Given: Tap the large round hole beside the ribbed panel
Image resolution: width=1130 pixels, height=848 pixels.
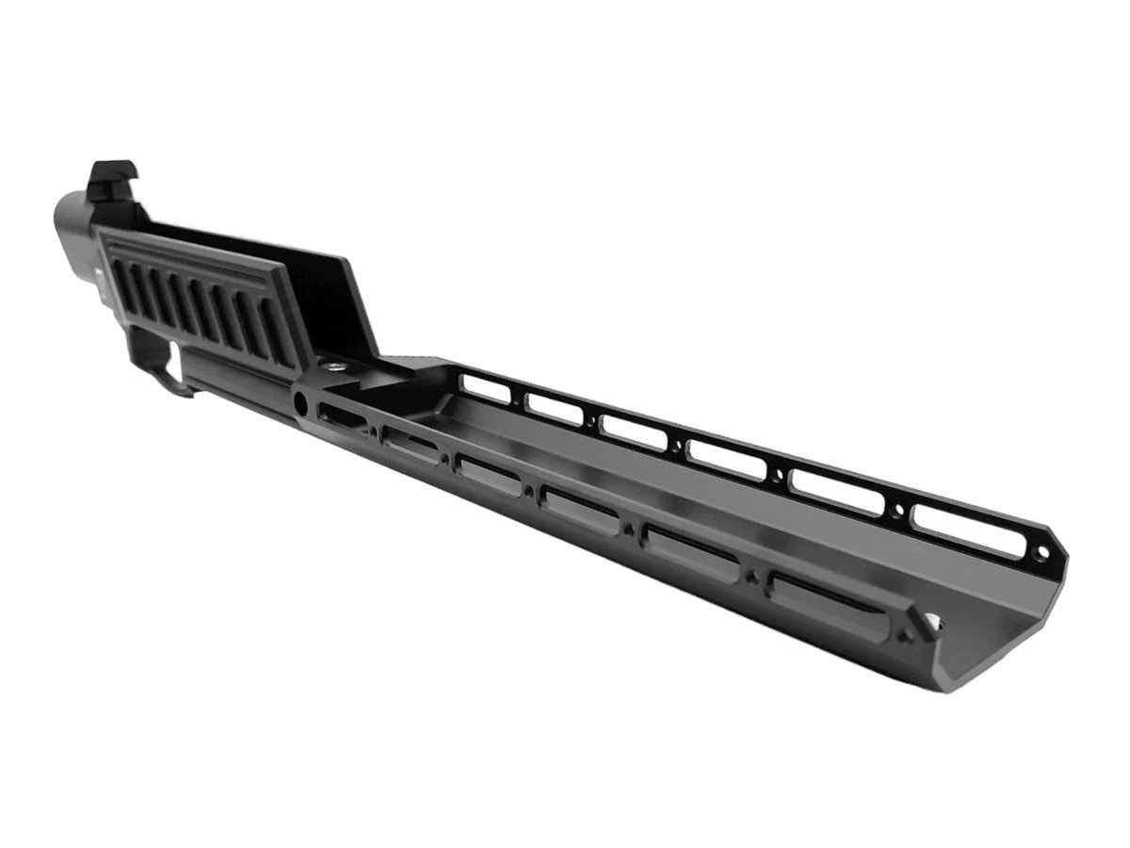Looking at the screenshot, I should coord(300,402).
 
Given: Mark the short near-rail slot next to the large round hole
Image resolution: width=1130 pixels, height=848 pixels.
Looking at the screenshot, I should coord(339,416).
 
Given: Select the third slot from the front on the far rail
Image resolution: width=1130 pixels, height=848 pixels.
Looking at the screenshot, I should coord(725,459).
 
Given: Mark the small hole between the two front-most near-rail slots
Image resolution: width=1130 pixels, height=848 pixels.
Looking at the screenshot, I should coord(751,574).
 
